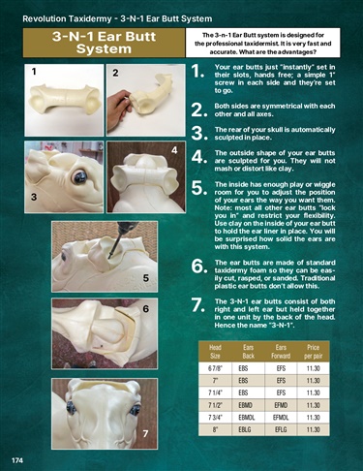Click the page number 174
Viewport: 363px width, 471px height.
pos(17,460)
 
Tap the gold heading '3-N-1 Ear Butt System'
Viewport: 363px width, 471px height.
pos(104,43)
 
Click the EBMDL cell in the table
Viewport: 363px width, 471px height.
pos(247,418)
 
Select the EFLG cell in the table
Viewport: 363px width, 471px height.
pos(281,429)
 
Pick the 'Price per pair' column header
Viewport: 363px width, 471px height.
pos(313,352)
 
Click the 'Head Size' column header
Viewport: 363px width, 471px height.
pos(215,352)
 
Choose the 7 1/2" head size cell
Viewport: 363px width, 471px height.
pos(215,405)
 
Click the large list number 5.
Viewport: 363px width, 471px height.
pos(199,189)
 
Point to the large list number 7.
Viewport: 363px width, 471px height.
pos(198,305)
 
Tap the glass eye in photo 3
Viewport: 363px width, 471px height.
pos(79,177)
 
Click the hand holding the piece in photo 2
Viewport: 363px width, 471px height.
pos(119,101)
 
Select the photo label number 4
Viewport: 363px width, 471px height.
pos(174,150)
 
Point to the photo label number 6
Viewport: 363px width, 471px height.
pos(146,309)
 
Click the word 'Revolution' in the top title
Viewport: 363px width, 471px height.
pos(44,19)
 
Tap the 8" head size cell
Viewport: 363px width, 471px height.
pos(215,429)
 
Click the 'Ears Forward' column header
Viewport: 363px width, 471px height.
pos(281,352)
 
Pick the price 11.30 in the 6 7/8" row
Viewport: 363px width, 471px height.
pos(313,368)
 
